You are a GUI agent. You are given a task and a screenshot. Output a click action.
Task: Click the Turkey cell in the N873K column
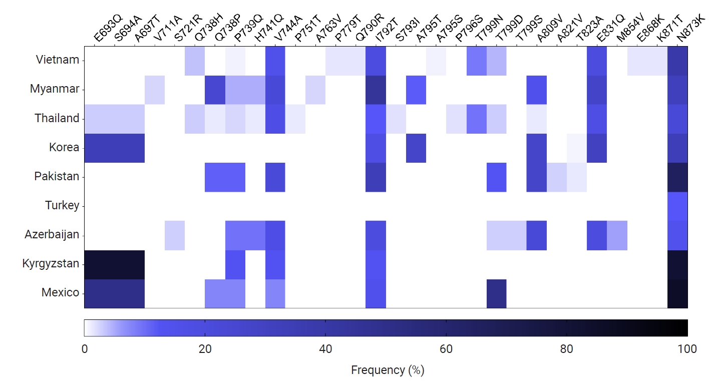pyautogui.click(x=677, y=206)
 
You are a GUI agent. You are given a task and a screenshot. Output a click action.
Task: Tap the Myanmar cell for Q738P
pyautogui.click(x=215, y=90)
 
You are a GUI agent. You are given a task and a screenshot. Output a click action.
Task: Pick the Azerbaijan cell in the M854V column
pyautogui.click(x=617, y=235)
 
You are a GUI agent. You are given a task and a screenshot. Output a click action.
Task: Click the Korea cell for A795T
pyautogui.click(x=416, y=148)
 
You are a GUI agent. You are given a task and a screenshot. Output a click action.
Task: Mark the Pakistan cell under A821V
pyautogui.click(x=557, y=177)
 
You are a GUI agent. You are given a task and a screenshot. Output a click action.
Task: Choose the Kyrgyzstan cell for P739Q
pyautogui.click(x=235, y=264)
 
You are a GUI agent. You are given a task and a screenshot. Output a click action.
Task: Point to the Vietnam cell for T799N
pyautogui.click(x=476, y=61)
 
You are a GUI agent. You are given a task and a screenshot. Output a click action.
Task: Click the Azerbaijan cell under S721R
pyautogui.click(x=175, y=235)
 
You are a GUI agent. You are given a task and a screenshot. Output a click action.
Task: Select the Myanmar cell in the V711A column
pyautogui.click(x=155, y=90)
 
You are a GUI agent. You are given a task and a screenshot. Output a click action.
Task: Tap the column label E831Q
pyautogui.click(x=607, y=30)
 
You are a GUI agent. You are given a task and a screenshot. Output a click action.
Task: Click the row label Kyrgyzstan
pyautogui.click(x=51, y=264)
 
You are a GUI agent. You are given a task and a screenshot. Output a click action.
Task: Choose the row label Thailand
pyautogui.click(x=57, y=119)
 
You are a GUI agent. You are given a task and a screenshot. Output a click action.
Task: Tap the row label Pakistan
pyautogui.click(x=57, y=177)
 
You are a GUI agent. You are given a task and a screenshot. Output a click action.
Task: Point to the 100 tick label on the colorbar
pyautogui.click(x=687, y=349)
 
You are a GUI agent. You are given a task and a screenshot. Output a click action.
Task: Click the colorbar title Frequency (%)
pyautogui.click(x=388, y=370)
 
